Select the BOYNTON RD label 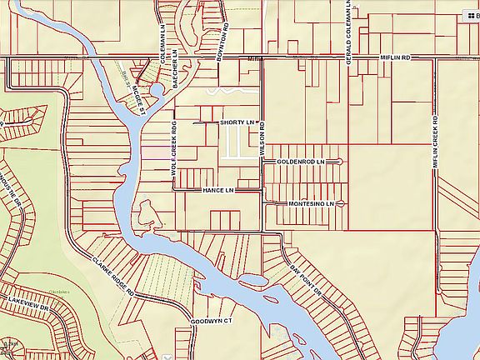click(x=222, y=37)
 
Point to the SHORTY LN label click(x=236, y=122)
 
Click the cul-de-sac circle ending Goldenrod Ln click(x=342, y=161)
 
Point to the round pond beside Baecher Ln click(x=157, y=90)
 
